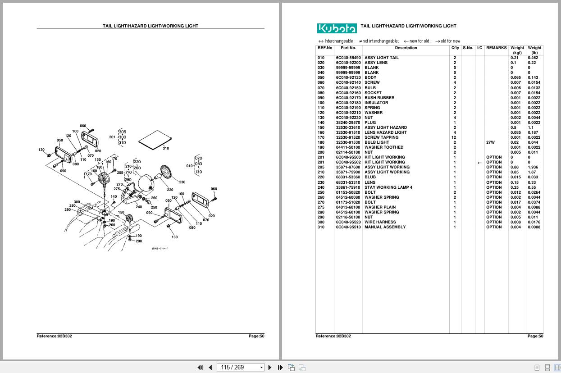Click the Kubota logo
tap(337, 28)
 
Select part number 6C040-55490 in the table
tap(348, 58)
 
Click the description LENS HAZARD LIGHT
tap(385, 132)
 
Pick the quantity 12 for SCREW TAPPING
tap(454, 137)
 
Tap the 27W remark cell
tap(490, 142)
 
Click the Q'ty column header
tap(455, 48)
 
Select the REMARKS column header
tap(496, 48)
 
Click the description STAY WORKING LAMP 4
tap(388, 187)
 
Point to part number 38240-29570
tap(348, 123)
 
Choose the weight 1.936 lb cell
tap(533, 167)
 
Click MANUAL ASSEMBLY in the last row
tap(385, 227)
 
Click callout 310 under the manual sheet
tap(166, 148)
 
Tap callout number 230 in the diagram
tap(182, 182)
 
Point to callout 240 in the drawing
tap(139, 207)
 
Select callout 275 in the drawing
tap(117, 189)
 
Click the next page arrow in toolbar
tap(270, 367)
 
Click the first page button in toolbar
tap(200, 367)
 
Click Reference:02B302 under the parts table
tap(333, 336)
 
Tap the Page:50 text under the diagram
tap(256, 336)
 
